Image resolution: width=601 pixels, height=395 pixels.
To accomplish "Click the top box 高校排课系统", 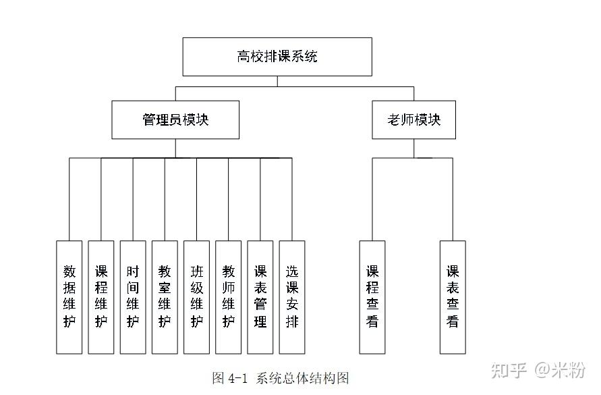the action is tap(277, 57).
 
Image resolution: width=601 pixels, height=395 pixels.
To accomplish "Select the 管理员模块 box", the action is tap(175, 120).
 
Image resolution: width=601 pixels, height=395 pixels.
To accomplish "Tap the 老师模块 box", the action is tap(414, 120).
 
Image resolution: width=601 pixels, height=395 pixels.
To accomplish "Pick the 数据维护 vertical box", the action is tap(69, 297).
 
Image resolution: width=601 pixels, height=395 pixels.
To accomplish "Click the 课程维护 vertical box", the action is tap(101, 297).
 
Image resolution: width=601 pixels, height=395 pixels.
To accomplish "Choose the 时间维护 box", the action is tap(133, 297).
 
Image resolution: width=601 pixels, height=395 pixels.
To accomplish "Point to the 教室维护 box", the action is tap(165, 297).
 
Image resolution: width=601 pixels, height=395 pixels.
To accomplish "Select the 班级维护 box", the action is tap(197, 297).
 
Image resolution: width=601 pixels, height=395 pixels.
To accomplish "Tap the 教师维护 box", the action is tap(229, 297).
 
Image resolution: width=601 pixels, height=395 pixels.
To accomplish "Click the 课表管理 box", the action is tap(260, 297).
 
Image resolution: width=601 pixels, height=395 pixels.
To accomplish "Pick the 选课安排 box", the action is tap(292, 297).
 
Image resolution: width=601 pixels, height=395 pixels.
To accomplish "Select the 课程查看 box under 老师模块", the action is tap(372, 297).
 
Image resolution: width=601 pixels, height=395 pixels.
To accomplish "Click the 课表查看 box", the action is tap(453, 297).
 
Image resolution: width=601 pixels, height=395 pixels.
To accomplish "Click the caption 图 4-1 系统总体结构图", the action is tap(281, 378).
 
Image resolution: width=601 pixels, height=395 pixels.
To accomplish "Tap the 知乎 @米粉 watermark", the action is tap(538, 370).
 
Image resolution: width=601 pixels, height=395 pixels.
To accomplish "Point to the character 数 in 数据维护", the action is tap(69, 271).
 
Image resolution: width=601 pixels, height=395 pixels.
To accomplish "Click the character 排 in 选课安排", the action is tap(292, 321).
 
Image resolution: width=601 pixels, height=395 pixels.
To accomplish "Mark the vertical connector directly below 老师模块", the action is tap(414, 148).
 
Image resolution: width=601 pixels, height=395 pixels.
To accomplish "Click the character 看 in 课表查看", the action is tap(453, 321).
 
